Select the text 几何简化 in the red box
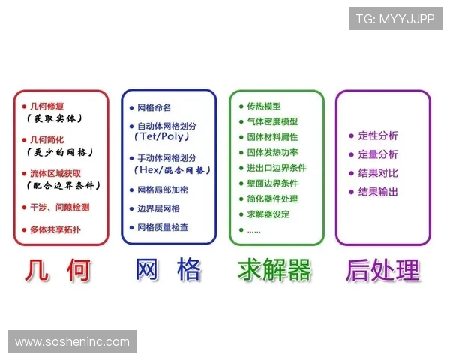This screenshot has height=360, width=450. (46, 139)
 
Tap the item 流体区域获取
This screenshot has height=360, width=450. (57, 173)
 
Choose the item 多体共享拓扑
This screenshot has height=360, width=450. (55, 228)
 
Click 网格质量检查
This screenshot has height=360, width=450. (163, 227)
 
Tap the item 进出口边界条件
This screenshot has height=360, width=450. (277, 168)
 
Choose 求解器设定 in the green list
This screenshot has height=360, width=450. (268, 214)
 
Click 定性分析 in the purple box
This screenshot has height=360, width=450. (378, 136)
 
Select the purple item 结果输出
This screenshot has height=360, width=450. (378, 192)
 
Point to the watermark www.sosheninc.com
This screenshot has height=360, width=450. (72, 342)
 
